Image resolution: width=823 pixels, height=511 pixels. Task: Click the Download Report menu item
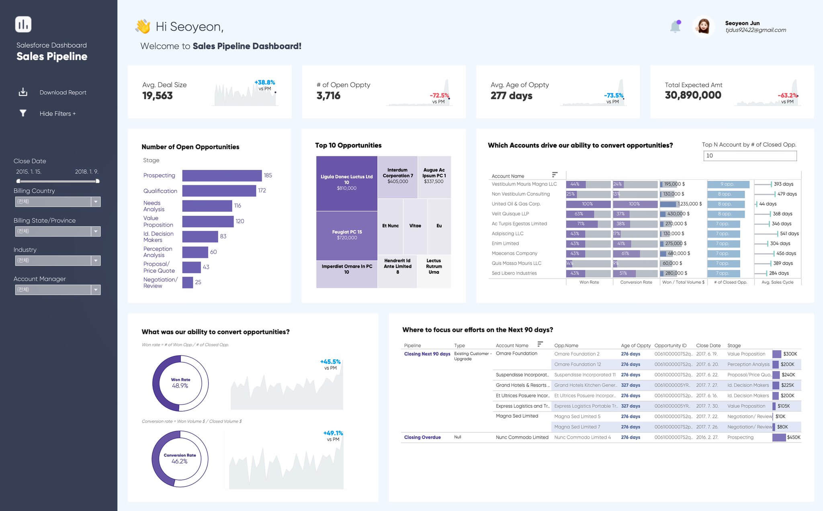(x=63, y=92)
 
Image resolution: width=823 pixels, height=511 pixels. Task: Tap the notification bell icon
(x=675, y=27)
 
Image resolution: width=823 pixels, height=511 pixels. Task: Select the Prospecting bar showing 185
(x=222, y=176)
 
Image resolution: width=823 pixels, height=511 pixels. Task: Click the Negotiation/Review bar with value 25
(x=187, y=282)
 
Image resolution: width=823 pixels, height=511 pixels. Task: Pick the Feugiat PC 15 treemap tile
(x=347, y=235)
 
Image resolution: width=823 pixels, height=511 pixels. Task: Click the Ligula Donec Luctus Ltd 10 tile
(x=346, y=183)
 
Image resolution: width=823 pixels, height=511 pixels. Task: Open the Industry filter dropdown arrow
(x=96, y=261)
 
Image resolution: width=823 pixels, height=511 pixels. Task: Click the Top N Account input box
(x=749, y=156)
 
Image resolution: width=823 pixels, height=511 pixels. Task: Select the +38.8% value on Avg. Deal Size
(x=264, y=82)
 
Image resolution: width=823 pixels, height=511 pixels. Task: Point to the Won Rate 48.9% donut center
(x=180, y=383)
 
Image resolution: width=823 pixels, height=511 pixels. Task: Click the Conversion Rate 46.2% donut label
(x=180, y=459)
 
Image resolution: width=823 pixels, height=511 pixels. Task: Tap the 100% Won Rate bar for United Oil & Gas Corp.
(x=588, y=204)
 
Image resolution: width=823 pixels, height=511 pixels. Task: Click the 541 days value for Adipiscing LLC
(x=789, y=234)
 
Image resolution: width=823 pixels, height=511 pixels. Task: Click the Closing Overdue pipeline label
(x=422, y=437)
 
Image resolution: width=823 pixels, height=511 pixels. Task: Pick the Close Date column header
(x=708, y=345)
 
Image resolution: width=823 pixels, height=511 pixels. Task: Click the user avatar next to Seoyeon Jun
(x=703, y=27)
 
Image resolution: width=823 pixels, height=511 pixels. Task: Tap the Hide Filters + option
(x=57, y=114)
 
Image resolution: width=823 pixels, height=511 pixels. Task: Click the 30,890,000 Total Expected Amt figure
(x=693, y=95)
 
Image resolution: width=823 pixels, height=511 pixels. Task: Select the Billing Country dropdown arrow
(x=96, y=202)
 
